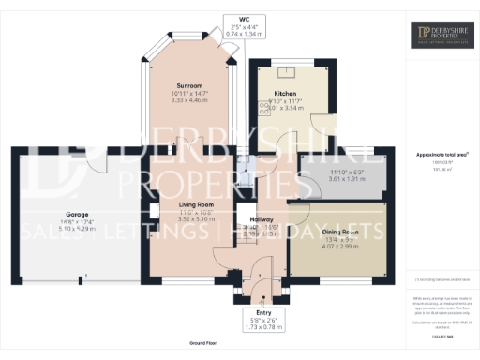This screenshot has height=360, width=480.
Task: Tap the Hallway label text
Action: pos(262,218)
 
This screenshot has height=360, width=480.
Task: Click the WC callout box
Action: pos(247,27)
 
